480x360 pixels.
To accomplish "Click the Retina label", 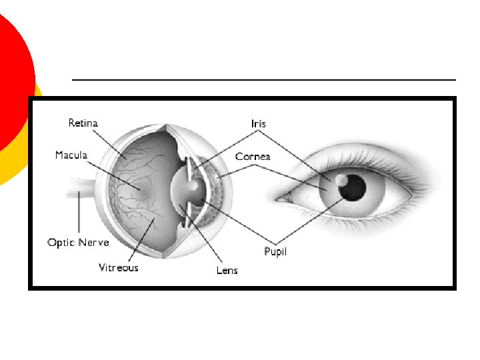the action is click(x=83, y=123).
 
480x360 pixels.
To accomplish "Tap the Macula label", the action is click(x=71, y=155).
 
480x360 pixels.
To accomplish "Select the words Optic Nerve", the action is click(x=78, y=242).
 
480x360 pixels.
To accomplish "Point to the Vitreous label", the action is click(x=119, y=267).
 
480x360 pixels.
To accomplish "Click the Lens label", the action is click(x=227, y=270).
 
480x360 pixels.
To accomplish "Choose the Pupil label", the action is click(x=275, y=253).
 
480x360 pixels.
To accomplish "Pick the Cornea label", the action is click(x=253, y=157).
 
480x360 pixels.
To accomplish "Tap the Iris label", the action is click(x=258, y=123).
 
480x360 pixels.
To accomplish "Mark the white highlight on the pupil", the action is click(x=341, y=179).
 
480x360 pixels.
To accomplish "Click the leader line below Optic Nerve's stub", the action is click(x=79, y=213).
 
